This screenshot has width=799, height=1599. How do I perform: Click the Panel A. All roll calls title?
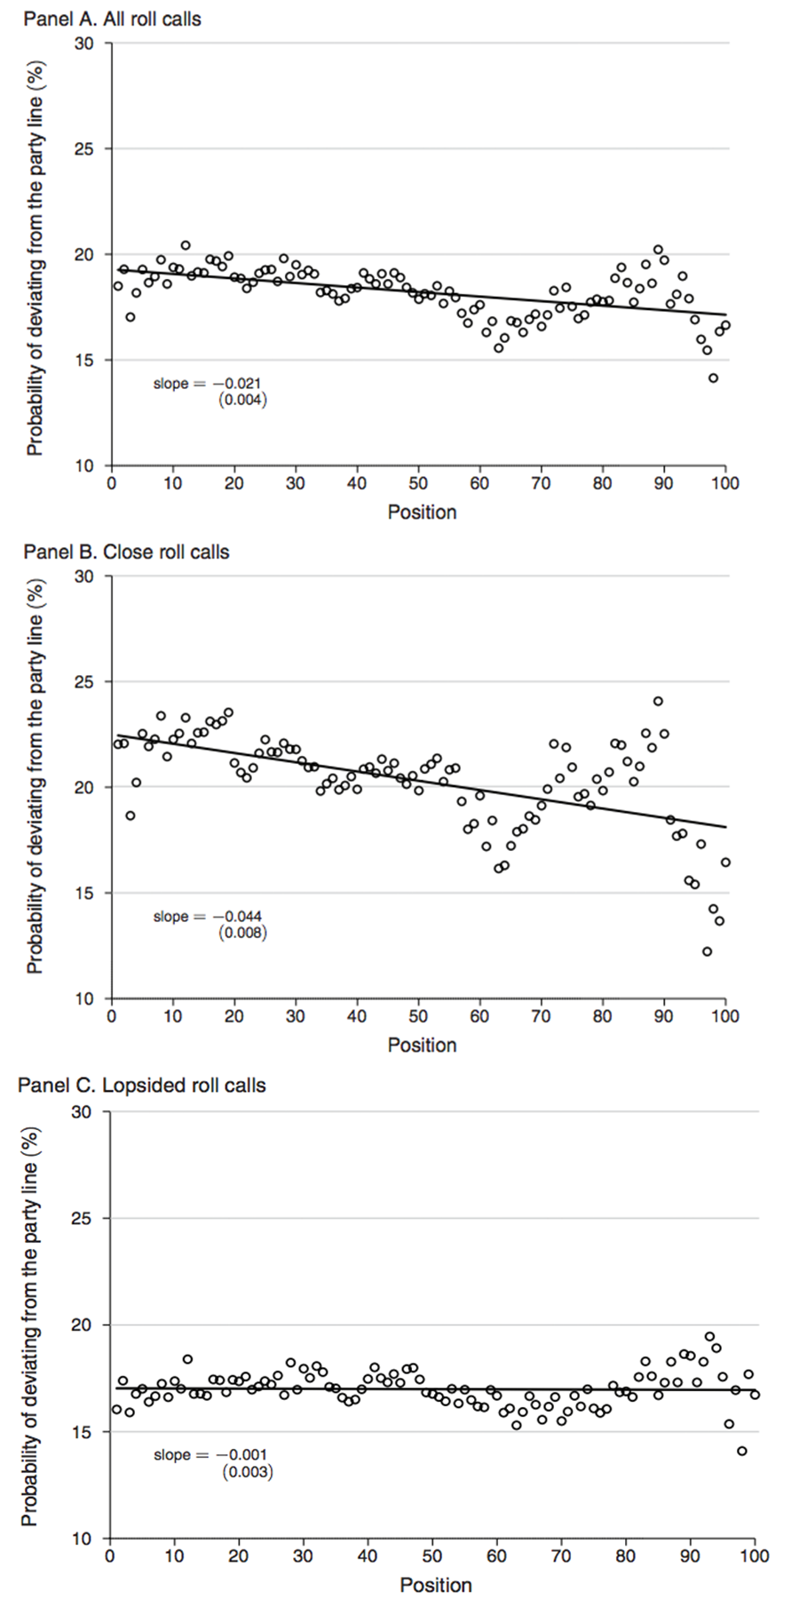[x=112, y=19]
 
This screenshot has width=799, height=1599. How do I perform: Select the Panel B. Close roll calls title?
[x=126, y=552]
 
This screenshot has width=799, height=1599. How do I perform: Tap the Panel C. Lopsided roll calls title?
[x=141, y=1086]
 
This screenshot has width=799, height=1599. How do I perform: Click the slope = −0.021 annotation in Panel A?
[x=208, y=384]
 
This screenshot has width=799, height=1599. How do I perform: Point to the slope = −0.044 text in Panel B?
[x=208, y=917]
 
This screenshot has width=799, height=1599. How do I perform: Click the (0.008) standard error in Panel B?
[x=243, y=933]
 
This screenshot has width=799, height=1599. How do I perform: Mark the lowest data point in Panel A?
[x=713, y=378]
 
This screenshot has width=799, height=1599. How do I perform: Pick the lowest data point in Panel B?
[x=707, y=951]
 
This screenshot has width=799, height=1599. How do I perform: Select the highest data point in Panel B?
[x=658, y=701]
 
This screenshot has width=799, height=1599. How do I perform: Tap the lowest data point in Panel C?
[x=742, y=1452]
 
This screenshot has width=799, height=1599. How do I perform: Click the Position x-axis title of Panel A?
[x=422, y=513]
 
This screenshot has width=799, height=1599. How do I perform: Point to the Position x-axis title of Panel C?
[x=435, y=1585]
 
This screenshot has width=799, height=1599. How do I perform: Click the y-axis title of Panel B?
[x=35, y=787]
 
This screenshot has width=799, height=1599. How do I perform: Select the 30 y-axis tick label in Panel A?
[x=85, y=43]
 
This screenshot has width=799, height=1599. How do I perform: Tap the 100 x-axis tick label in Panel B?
[x=724, y=1016]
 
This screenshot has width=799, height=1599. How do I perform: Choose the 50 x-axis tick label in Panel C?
[x=432, y=1555]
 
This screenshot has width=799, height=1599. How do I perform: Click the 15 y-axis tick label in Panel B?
[x=85, y=893]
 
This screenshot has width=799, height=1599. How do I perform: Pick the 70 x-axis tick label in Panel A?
[x=541, y=483]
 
